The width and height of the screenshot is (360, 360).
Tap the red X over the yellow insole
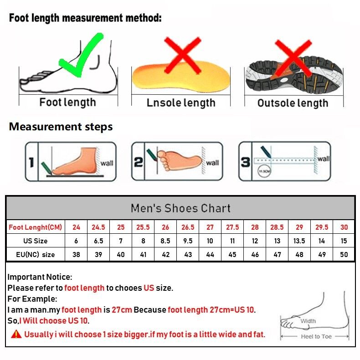[183, 55]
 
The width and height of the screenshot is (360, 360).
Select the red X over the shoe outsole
[293, 58]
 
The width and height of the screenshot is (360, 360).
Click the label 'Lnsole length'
[181, 103]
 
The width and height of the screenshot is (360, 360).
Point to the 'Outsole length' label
[293, 103]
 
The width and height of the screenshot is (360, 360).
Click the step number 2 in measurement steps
[138, 162]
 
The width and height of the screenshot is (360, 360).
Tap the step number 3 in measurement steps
[246, 162]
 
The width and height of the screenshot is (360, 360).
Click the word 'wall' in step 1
[107, 163]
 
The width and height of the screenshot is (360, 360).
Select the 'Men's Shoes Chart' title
[181, 208]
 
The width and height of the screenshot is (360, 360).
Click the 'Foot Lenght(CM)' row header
[36, 227]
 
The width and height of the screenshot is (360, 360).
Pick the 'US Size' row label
[36, 241]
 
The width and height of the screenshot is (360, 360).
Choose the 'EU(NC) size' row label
[36, 254]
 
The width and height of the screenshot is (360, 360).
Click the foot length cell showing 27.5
[232, 227]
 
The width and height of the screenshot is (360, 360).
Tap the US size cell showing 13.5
[299, 241]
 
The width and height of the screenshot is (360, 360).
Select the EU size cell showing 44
[210, 254]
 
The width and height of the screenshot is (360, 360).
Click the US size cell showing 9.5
[188, 241]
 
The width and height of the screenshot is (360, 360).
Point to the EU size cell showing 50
[344, 254]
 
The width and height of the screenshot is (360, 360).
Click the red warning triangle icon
[16, 334]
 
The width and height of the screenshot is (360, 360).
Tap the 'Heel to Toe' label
[316, 336]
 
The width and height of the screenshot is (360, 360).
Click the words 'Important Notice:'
[40, 277]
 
